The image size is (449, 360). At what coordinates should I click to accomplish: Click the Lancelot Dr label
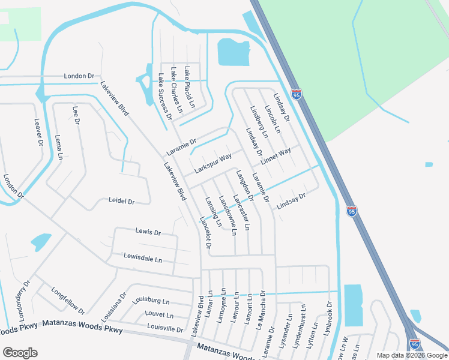click(205, 233)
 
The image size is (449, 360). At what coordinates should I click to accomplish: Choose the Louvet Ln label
click(159, 315)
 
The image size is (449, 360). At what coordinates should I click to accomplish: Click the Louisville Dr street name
click(164, 329)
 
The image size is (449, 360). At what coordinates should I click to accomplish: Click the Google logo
click(20, 352)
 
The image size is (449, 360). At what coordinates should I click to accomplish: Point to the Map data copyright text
click(412, 355)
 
